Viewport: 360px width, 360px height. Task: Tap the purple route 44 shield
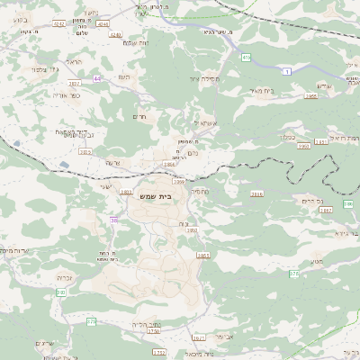pyautogui.click(x=96, y=78)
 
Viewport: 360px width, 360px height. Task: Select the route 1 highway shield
pyautogui.click(x=287, y=70)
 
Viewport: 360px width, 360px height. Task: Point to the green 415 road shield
pyautogui.click(x=246, y=57)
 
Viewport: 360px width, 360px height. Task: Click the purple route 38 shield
pyautogui.click(x=114, y=220)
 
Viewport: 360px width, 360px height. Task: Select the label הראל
pyautogui.click(x=76, y=62)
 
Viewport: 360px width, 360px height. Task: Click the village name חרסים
pyautogui.click(x=138, y=117)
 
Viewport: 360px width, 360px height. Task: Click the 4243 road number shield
pyautogui.click(x=102, y=22)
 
